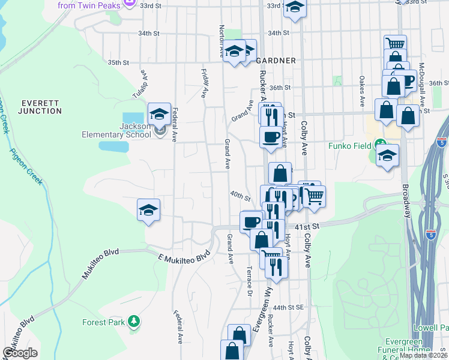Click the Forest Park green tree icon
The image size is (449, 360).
pyautogui.click(x=134, y=322)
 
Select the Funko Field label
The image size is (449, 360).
pyautogui.click(x=349, y=145)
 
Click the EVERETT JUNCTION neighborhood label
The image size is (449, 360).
pyautogui.click(x=39, y=107)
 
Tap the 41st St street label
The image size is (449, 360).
pyautogui.click(x=305, y=227)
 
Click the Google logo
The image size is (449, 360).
pyautogui.click(x=20, y=353)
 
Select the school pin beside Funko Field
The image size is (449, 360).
pyautogui.click(x=388, y=155)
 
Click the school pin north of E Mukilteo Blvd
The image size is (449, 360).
pyautogui.click(x=148, y=210)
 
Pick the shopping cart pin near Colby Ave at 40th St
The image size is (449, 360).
pyautogui.click(x=315, y=196)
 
